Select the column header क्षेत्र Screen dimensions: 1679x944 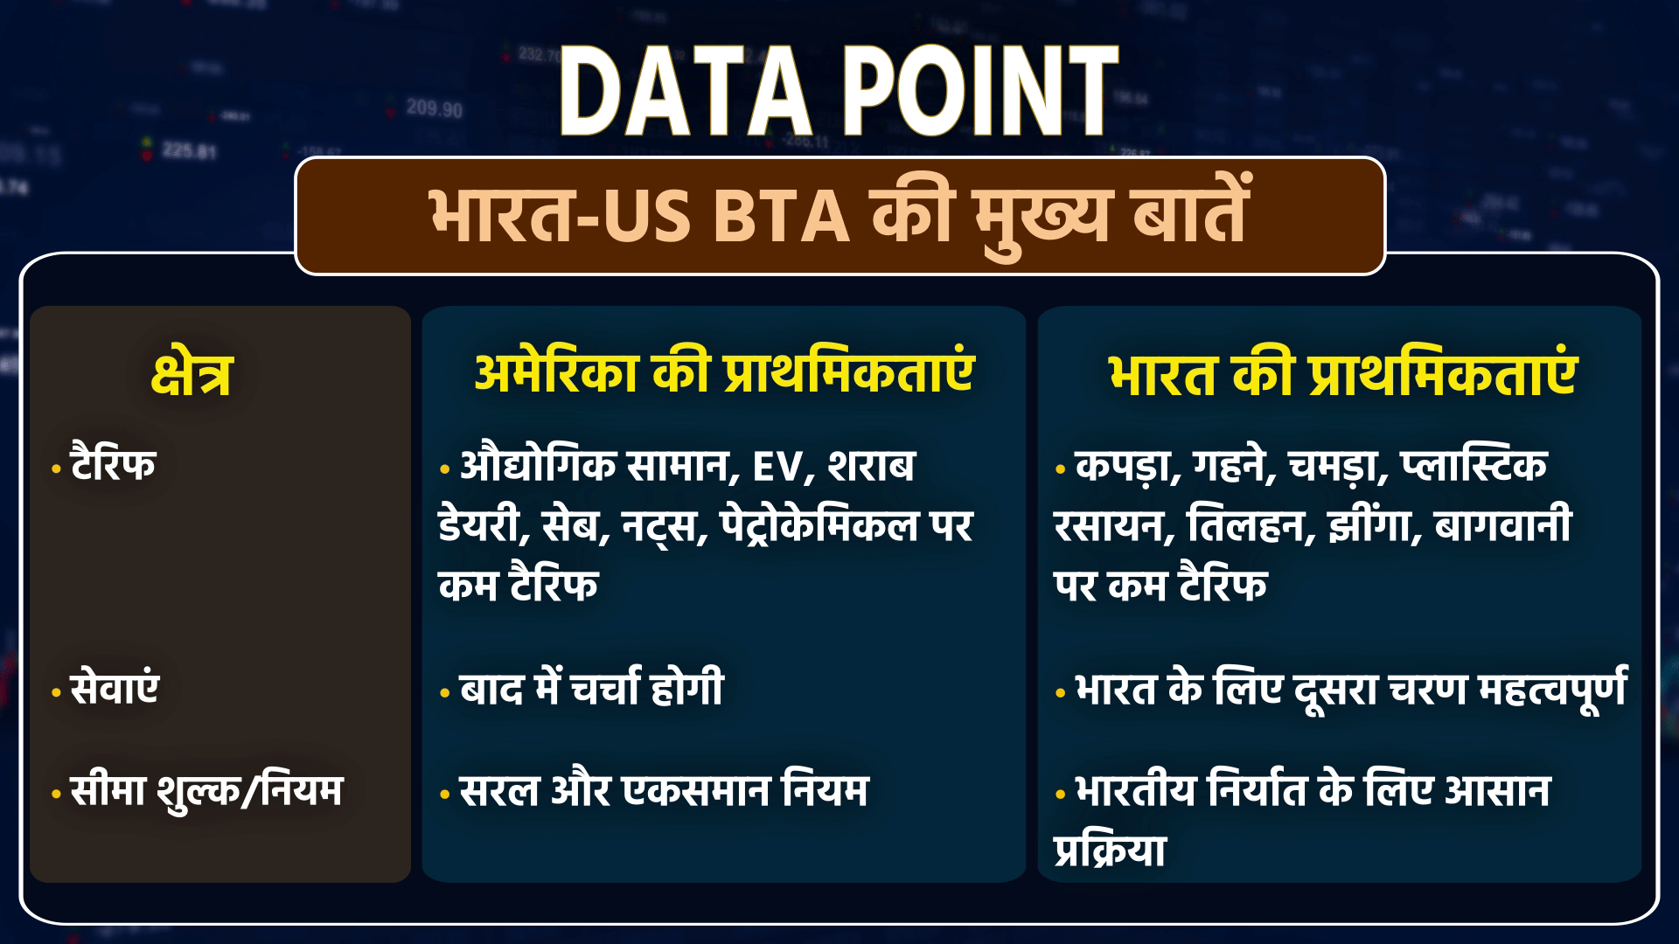[192, 375]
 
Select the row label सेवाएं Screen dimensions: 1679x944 [115, 688]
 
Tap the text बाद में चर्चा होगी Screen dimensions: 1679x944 [592, 688]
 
